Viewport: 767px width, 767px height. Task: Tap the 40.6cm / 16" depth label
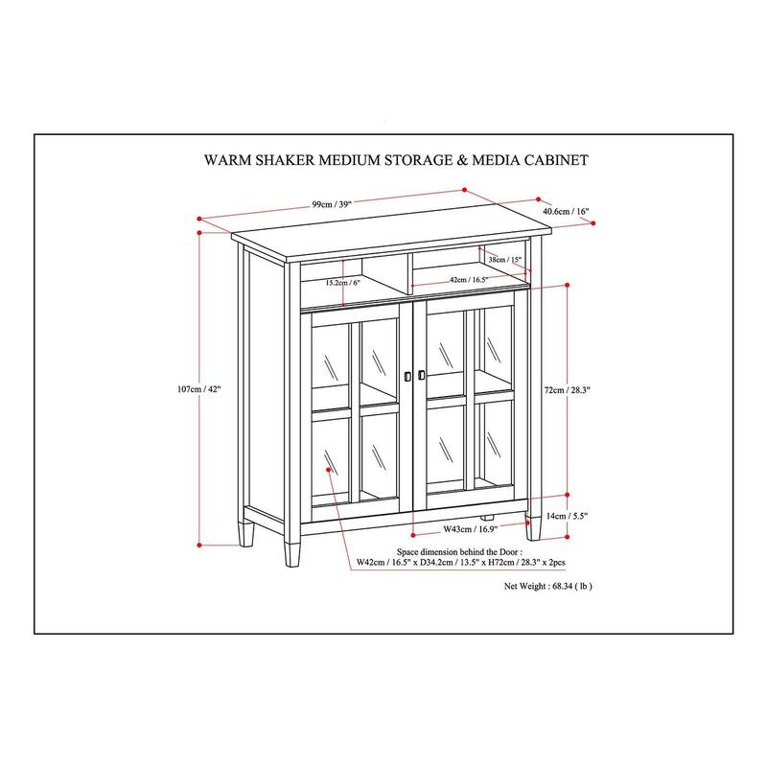coord(566,211)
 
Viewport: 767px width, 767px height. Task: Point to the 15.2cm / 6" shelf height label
coord(343,283)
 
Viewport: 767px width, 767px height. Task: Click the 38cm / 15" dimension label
coord(503,260)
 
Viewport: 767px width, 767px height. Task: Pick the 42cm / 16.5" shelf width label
coord(469,280)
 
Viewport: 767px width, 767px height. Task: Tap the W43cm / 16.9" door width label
coord(469,529)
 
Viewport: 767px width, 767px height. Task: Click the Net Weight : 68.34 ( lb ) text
coord(548,585)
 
